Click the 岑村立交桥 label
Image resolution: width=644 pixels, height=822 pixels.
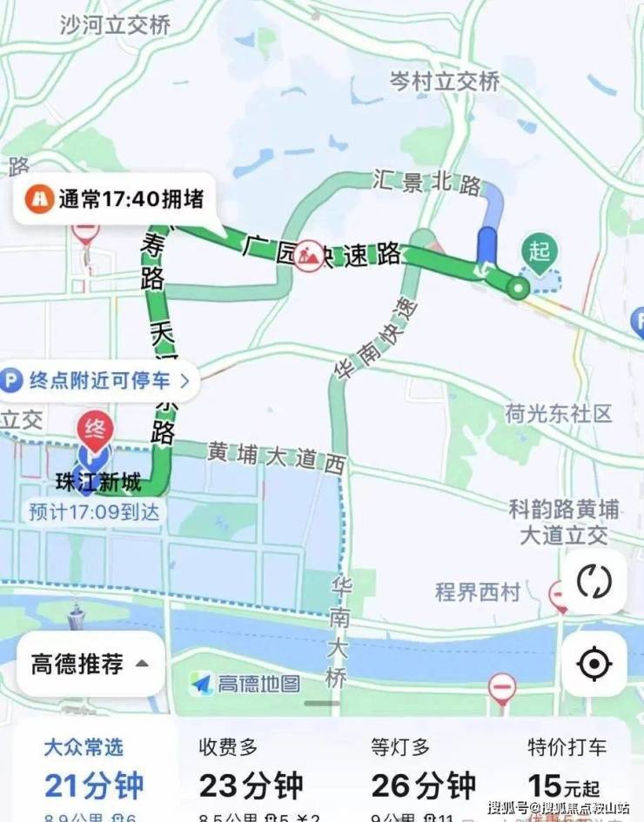[444, 81]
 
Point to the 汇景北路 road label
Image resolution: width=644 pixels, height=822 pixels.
[426, 184]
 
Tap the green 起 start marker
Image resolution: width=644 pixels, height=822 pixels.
[539, 252]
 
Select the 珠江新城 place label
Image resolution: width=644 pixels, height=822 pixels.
[96, 483]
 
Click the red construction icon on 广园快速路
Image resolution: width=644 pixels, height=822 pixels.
[308, 256]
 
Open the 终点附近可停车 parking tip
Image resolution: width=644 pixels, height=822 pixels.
[97, 380]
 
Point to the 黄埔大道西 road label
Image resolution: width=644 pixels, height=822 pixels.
[276, 458]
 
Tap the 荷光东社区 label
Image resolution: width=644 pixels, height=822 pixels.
[560, 413]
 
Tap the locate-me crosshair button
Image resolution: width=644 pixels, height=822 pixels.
[594, 665]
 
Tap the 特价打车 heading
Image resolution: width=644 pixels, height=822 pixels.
[567, 746]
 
